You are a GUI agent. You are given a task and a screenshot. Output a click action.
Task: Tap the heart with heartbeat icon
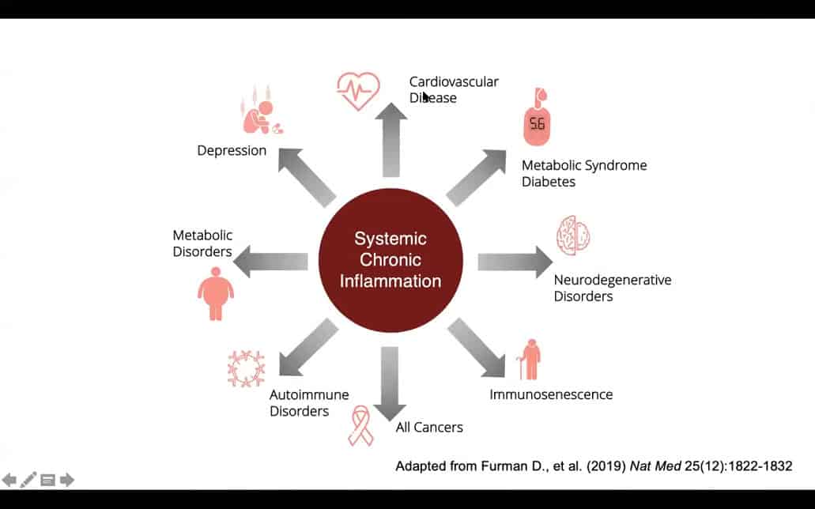tap(357, 88)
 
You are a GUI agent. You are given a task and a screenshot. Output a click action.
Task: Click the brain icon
tap(573, 234)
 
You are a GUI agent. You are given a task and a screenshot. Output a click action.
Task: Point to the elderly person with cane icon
tap(529, 360)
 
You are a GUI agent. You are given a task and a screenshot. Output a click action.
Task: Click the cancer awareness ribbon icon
tap(361, 425)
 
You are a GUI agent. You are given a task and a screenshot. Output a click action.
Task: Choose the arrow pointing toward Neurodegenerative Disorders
tap(515, 262)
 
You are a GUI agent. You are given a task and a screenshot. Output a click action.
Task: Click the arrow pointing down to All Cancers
tap(388, 383)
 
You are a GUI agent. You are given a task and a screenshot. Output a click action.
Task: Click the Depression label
tap(232, 150)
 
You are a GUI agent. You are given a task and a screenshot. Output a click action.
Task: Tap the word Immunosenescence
tap(551, 394)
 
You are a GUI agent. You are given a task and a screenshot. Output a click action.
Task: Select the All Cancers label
tap(429, 427)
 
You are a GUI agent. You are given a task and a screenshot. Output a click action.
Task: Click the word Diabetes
tap(548, 182)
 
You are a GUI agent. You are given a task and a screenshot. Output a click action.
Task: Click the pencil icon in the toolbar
tap(28, 479)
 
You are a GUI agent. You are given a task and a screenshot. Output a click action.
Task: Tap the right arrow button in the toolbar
tap(67, 480)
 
